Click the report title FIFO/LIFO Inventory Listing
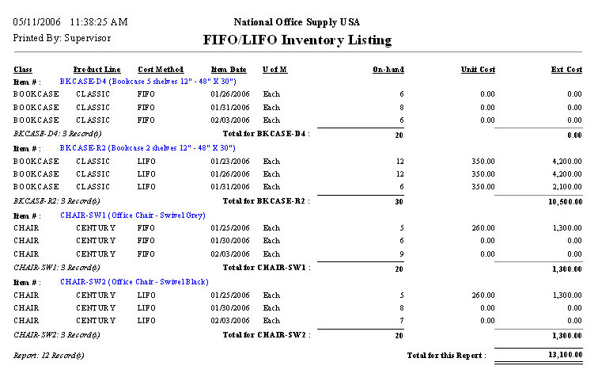(x=297, y=40)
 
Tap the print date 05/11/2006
(x=36, y=21)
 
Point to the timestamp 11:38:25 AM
(x=98, y=21)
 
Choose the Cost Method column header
(x=161, y=70)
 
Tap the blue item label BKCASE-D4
(x=82, y=82)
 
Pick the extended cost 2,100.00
(x=566, y=186)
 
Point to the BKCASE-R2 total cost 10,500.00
(x=564, y=201)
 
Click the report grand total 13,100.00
(x=564, y=356)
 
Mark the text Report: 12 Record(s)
(x=49, y=356)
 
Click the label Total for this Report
(x=446, y=356)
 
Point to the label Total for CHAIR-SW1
(x=267, y=268)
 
